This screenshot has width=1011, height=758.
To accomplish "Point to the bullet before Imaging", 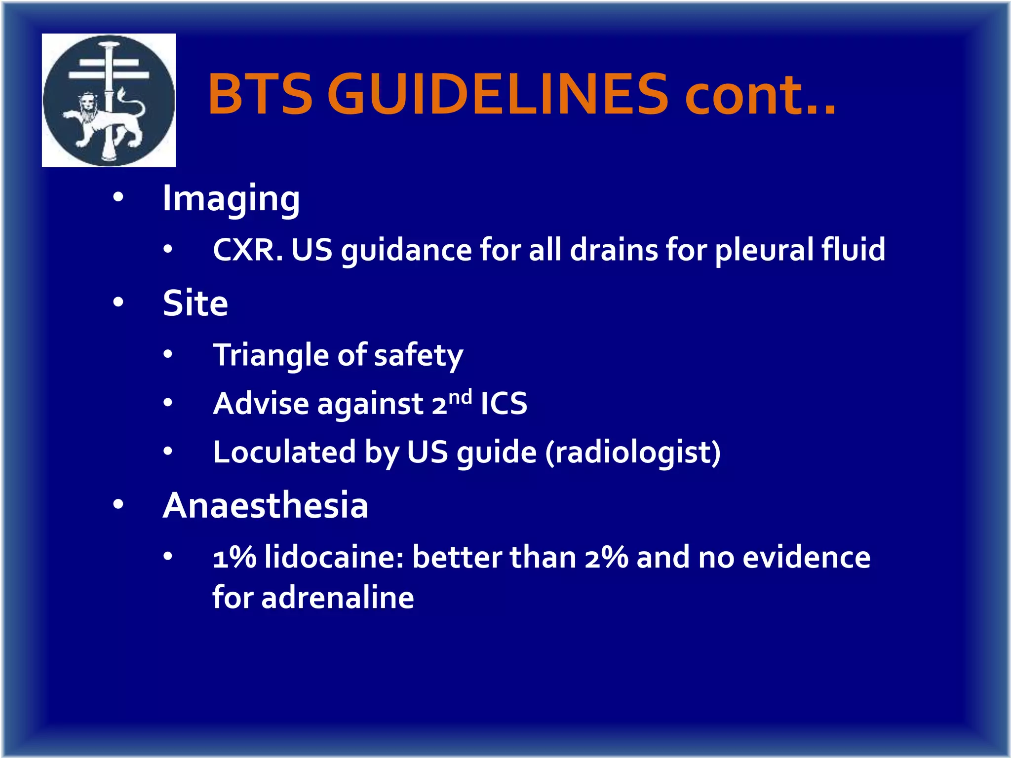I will click(x=118, y=197).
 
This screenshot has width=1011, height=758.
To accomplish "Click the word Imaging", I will click(x=231, y=198).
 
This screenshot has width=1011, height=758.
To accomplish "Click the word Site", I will click(x=195, y=303).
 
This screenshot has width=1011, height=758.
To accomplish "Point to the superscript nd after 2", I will click(x=460, y=396).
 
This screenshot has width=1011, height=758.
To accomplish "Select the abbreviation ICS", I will click(x=504, y=404).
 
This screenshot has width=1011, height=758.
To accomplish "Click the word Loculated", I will click(x=284, y=452).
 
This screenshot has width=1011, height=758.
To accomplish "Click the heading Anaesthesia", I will click(x=266, y=505).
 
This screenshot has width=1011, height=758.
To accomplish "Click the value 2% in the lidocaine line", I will click(x=606, y=558).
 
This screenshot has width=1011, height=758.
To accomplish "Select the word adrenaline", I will click(x=338, y=598).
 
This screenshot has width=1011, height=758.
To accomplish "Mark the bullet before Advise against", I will click(x=168, y=403).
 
